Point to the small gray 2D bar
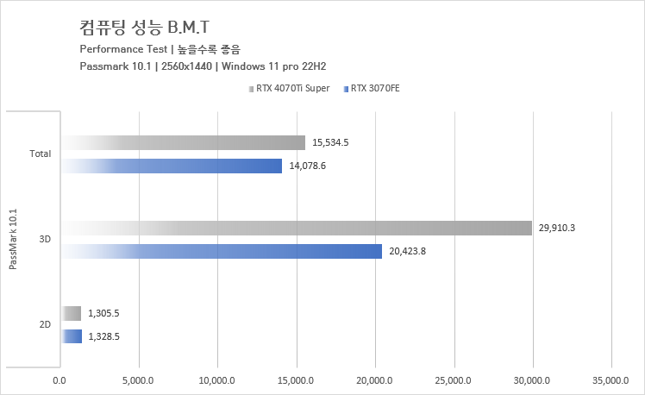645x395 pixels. tap(72, 313)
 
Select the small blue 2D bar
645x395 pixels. tap(72, 336)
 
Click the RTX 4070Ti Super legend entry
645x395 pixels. tap(292, 89)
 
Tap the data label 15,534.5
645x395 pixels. tap(331, 143)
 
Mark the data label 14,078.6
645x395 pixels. tap(308, 166)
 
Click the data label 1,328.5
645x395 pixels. tap(103, 337)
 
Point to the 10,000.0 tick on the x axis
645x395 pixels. tap(216, 379)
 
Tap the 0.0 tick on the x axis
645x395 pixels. tap(59, 379)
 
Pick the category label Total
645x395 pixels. tap(40, 154)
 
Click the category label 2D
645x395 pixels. tap(44, 325)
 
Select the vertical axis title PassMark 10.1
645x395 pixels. tap(12, 237)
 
